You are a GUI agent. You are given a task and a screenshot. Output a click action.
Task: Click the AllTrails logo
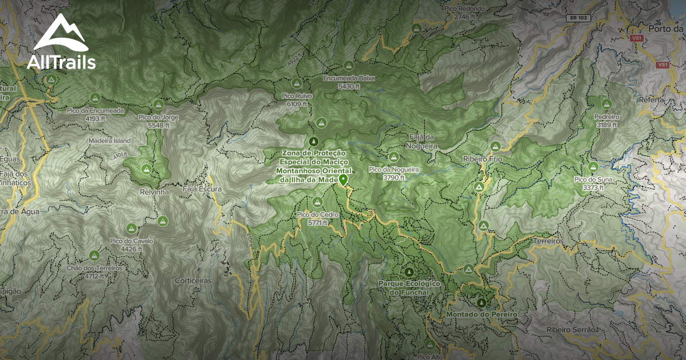pos(61,42)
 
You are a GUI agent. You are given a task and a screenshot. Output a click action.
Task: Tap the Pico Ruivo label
pos(297,99)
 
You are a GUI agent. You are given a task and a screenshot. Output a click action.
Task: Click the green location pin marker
pos(343,180)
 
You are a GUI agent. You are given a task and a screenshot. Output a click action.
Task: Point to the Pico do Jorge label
pos(158,121)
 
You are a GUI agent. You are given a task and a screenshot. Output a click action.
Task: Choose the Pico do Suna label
pos(593,183)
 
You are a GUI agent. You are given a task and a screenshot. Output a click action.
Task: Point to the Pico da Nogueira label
pos(394,173)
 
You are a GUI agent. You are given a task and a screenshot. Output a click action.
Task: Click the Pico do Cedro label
pos(317,218)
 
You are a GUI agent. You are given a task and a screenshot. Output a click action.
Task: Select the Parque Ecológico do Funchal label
pos(408,287)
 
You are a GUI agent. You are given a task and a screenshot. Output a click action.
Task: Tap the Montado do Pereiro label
pos(481,314)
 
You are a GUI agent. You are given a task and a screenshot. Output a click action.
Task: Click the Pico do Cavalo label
pos(131,244)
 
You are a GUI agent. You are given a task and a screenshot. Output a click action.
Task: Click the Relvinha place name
pos(154,192)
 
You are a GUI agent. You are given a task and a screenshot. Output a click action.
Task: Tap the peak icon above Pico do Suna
pos(593,167)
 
